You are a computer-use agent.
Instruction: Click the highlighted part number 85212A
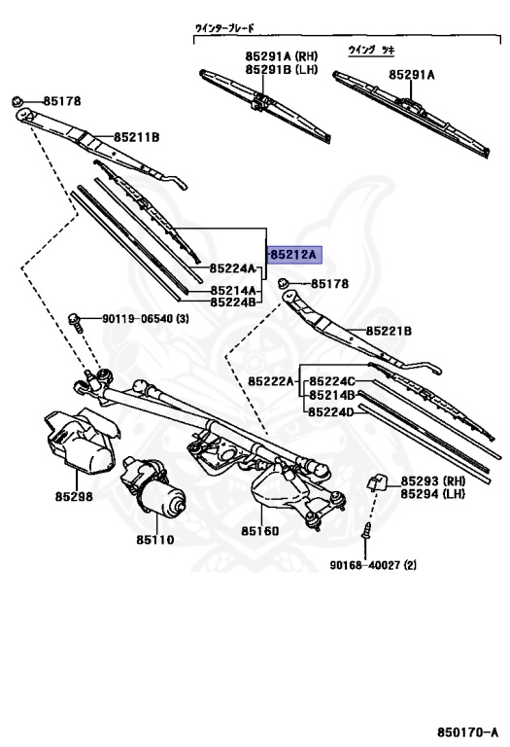coord(293,255)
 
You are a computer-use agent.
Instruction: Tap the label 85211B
coord(137,138)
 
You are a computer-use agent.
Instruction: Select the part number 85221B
coord(390,331)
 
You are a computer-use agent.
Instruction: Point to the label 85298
coord(74,496)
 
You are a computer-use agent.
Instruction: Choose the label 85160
coord(259,531)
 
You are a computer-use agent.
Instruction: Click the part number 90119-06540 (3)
coord(146,318)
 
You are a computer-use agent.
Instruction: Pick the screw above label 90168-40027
coord(366,530)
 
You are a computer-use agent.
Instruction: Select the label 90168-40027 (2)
coord(373,565)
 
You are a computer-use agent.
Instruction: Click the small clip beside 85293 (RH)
coord(376,483)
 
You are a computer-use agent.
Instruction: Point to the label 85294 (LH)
coord(432,494)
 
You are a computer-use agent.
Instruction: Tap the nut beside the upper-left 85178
coord(17,101)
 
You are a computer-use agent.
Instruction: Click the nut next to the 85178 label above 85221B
coord(284,283)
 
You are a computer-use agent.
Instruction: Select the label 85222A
coord(271,381)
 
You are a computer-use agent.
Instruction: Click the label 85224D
coord(331,412)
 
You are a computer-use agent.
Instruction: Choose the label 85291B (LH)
coord(282,70)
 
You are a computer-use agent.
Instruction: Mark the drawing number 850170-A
coord(467,731)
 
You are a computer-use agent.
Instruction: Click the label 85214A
coord(233,290)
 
